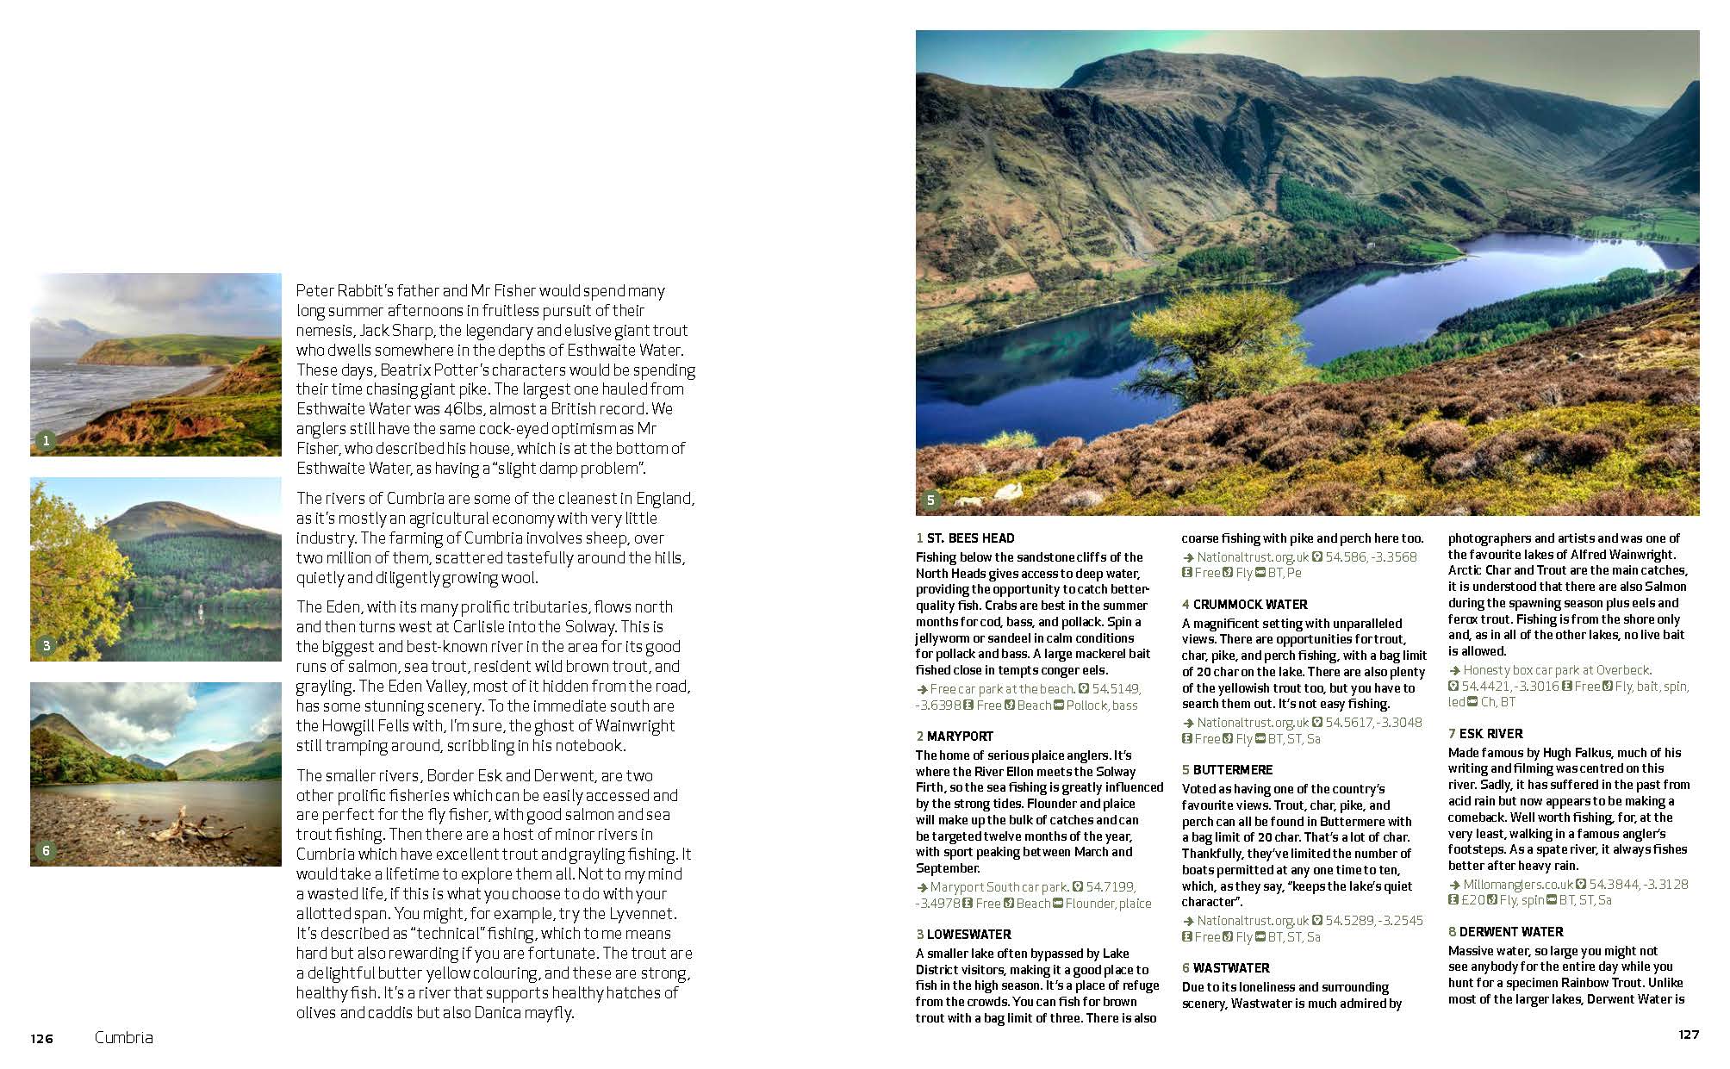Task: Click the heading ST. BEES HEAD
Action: pyautogui.click(x=970, y=538)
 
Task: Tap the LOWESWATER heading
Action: pyautogui.click(x=968, y=935)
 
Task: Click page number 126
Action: pyautogui.click(x=41, y=1039)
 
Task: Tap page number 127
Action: pyautogui.click(x=1689, y=1035)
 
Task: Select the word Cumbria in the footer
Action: pyautogui.click(x=123, y=1038)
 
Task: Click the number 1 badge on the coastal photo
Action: pyautogui.click(x=47, y=441)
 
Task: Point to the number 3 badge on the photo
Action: pyautogui.click(x=47, y=645)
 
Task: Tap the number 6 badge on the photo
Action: pyautogui.click(x=47, y=851)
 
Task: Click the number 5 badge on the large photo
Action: pyautogui.click(x=930, y=500)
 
